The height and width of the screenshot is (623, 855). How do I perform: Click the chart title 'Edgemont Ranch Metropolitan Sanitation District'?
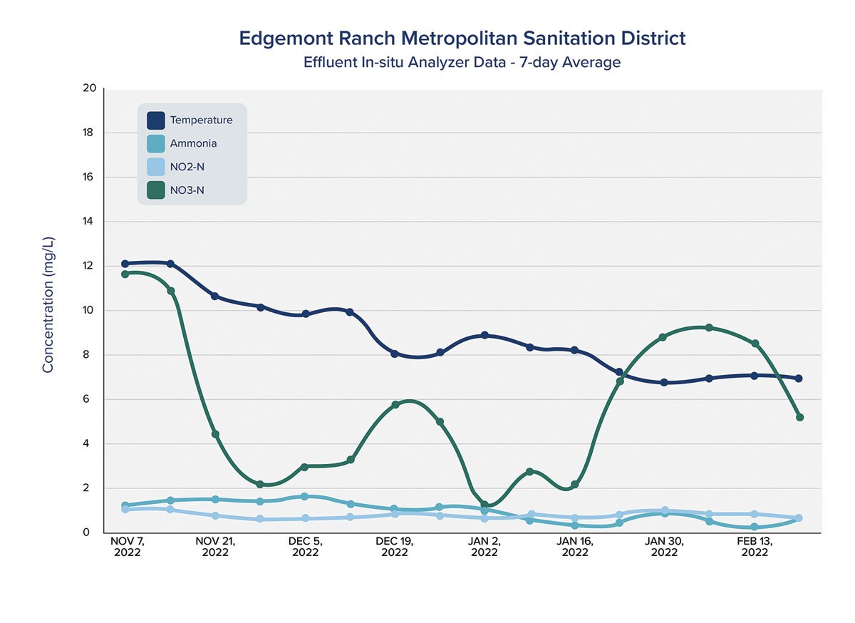click(x=462, y=38)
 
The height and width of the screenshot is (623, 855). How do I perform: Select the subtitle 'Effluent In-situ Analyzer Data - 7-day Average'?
click(x=462, y=62)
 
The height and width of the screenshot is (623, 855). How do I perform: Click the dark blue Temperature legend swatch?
click(x=156, y=120)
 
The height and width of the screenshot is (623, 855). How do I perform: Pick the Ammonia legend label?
click(x=193, y=143)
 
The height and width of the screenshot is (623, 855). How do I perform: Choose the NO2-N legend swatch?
click(x=156, y=167)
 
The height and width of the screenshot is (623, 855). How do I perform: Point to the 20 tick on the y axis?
click(x=90, y=88)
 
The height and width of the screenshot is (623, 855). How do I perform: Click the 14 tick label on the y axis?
click(x=90, y=222)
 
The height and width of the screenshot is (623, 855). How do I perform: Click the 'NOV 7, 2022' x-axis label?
click(x=126, y=547)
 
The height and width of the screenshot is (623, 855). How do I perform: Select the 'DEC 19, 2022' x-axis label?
click(x=395, y=547)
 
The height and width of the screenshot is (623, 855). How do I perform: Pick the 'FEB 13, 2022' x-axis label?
click(x=754, y=547)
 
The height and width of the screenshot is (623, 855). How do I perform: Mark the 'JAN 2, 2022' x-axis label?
click(x=484, y=547)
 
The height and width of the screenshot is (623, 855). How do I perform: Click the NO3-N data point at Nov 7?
click(x=125, y=274)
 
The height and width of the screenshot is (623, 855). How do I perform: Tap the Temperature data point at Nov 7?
click(x=125, y=264)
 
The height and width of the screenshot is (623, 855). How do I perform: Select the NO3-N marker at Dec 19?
click(x=395, y=405)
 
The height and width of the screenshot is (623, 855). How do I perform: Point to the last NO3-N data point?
click(x=799, y=417)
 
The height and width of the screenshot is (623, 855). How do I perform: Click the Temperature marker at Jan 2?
click(x=484, y=335)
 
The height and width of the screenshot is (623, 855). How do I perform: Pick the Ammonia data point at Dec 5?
click(x=305, y=496)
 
